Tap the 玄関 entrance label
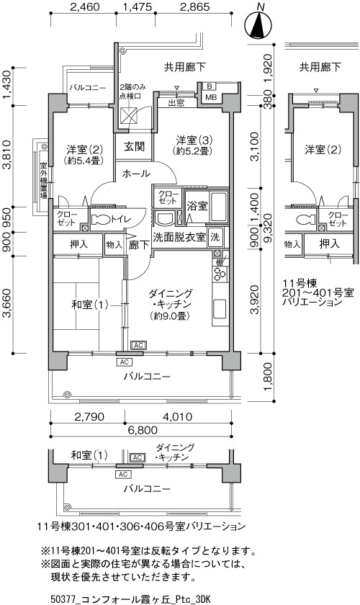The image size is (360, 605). [134, 147]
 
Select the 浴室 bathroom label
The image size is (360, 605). [197, 206]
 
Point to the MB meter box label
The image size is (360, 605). [211, 97]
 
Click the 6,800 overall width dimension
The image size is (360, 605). [141, 430]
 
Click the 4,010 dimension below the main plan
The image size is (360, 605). [178, 417]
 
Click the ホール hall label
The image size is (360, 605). [136, 174]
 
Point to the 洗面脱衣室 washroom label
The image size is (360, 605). [179, 237]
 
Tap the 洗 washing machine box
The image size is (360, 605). [215, 237]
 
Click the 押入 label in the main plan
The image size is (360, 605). [78, 244]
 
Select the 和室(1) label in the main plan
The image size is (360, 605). [89, 305]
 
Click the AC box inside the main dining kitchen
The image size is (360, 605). [138, 344]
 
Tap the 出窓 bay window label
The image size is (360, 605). [176, 103]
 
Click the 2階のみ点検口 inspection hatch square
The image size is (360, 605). [128, 115]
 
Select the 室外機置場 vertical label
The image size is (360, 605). [43, 181]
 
